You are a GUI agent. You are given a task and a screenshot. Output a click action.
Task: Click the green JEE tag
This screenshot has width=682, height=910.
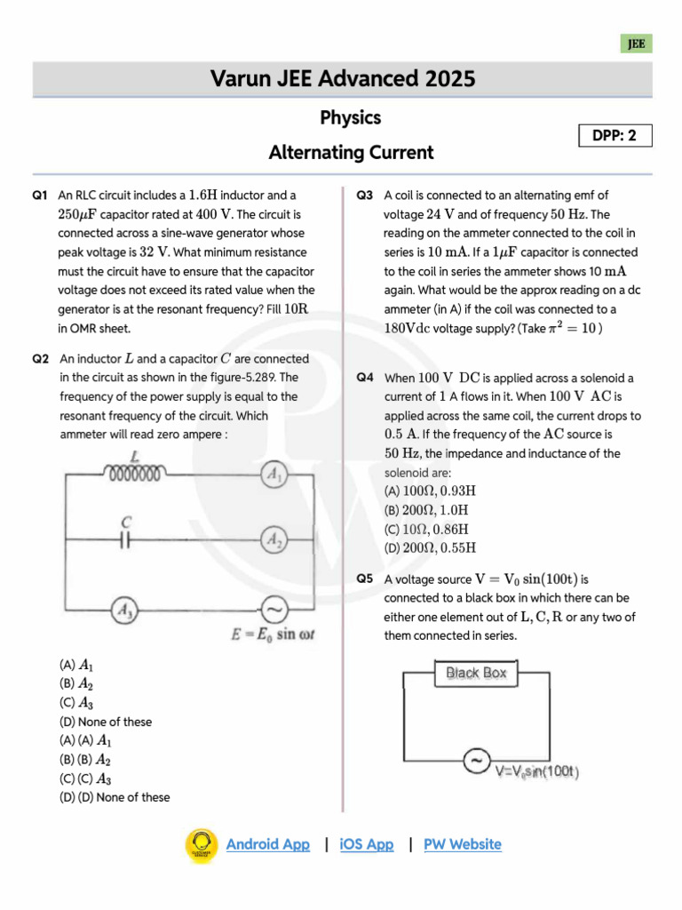tap(636, 44)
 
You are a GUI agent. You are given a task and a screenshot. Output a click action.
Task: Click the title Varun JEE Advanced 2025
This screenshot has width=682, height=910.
tap(343, 79)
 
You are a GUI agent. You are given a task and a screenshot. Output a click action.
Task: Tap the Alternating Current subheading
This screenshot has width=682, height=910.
tap(351, 152)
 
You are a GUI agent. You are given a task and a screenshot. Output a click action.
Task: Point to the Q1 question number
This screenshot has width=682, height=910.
tap(39, 195)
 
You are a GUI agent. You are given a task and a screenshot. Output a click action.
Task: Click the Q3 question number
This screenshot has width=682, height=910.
tap(365, 195)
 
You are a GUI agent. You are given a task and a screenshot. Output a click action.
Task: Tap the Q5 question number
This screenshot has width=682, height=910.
tap(365, 579)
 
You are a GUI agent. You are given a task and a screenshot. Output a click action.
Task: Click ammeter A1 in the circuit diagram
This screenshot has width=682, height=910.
tap(274, 476)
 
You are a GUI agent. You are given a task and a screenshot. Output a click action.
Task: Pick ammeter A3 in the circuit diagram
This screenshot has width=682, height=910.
tap(123, 610)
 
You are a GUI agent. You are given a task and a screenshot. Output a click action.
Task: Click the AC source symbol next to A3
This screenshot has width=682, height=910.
tap(273, 610)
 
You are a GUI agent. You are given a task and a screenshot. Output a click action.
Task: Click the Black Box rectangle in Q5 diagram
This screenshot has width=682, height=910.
tap(477, 673)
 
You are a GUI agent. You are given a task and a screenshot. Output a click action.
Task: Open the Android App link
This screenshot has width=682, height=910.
tap(268, 844)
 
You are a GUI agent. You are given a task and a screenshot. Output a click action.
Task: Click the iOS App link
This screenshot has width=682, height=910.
tap(366, 844)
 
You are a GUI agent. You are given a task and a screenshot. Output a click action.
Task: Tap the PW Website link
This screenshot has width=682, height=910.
tap(462, 844)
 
